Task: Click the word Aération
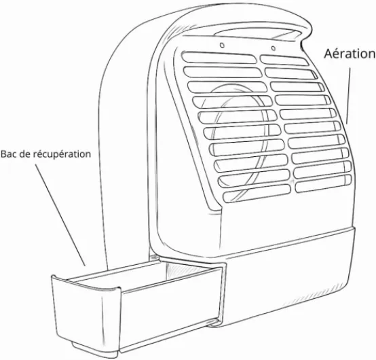[x=350, y=54]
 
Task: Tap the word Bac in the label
[x=9, y=154]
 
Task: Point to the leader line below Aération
[x=348, y=96]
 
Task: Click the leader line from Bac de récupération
[x=60, y=215]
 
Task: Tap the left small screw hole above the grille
[x=222, y=45]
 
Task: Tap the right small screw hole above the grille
[x=273, y=48]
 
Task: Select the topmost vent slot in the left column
[x=219, y=58]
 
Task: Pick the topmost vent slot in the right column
[x=284, y=60]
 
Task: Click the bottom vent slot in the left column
[x=257, y=193]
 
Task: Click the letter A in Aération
[x=328, y=54]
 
